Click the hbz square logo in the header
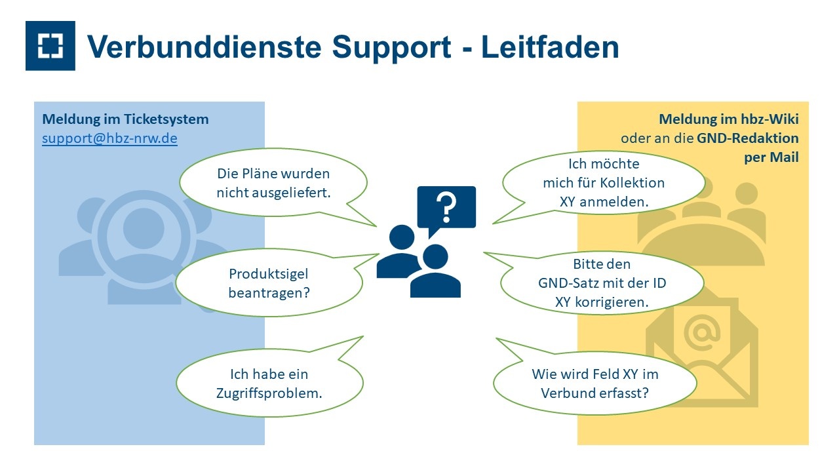tap(50, 46)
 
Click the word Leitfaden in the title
tap(550, 47)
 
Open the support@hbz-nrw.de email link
tap(109, 138)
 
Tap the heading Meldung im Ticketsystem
tap(125, 119)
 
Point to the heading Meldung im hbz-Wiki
tap(728, 119)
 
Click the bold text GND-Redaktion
tap(748, 138)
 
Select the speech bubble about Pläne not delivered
tap(273, 183)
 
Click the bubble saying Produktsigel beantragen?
tap(269, 283)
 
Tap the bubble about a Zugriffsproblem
tap(269, 383)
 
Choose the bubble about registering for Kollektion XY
tap(604, 183)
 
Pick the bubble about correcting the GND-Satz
tap(602, 283)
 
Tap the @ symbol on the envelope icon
tap(701, 332)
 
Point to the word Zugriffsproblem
tap(269, 393)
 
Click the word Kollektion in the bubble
tap(633, 183)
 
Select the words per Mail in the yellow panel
tap(771, 157)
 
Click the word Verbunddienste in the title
tap(205, 47)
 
